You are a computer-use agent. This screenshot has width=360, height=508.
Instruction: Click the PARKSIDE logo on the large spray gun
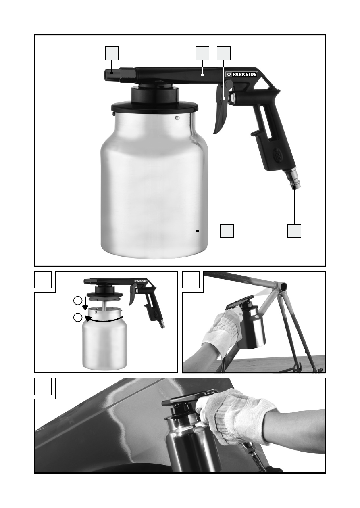pos(241,74)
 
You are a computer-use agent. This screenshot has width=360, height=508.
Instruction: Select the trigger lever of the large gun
pos(221,107)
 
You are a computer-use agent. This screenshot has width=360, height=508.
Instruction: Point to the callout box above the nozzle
pos(112,53)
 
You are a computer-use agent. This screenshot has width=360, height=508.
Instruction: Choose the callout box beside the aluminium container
pos(227,231)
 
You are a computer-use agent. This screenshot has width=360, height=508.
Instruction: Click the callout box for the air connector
pos(294,231)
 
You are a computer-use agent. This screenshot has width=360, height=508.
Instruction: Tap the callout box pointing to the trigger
pos(224,53)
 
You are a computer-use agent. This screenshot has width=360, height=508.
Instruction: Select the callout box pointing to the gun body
pos(202,53)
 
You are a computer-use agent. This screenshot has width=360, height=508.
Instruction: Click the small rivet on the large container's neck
pos(177,118)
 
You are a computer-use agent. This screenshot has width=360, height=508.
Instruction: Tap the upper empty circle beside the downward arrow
pos(78,301)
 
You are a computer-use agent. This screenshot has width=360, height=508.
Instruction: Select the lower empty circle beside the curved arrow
pos(78,318)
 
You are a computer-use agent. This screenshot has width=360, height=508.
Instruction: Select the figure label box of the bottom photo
pos(43,387)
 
